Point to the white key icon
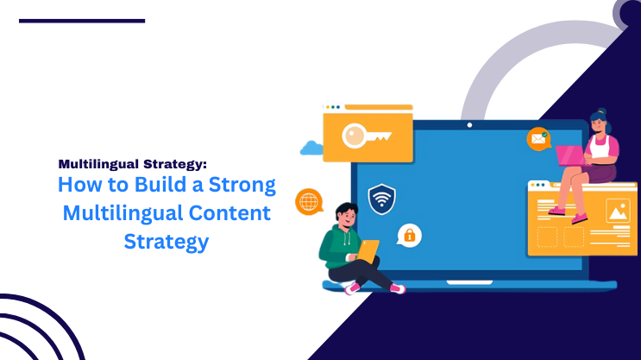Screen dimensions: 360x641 click(x=367, y=136)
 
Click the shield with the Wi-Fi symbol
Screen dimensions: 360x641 click(x=381, y=199)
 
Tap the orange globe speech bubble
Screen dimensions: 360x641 click(x=308, y=201)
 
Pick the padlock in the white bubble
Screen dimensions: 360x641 click(x=409, y=234)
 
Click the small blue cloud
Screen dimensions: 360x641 click(x=311, y=148)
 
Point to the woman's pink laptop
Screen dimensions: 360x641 click(x=569, y=155)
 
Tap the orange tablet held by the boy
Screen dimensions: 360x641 click(x=368, y=251)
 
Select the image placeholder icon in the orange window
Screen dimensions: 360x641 click(x=616, y=210)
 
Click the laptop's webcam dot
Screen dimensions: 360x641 click(x=469, y=125)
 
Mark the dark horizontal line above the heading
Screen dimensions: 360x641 click(x=82, y=20)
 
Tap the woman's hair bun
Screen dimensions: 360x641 click(x=600, y=113)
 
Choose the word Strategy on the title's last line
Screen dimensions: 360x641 click(x=167, y=242)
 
